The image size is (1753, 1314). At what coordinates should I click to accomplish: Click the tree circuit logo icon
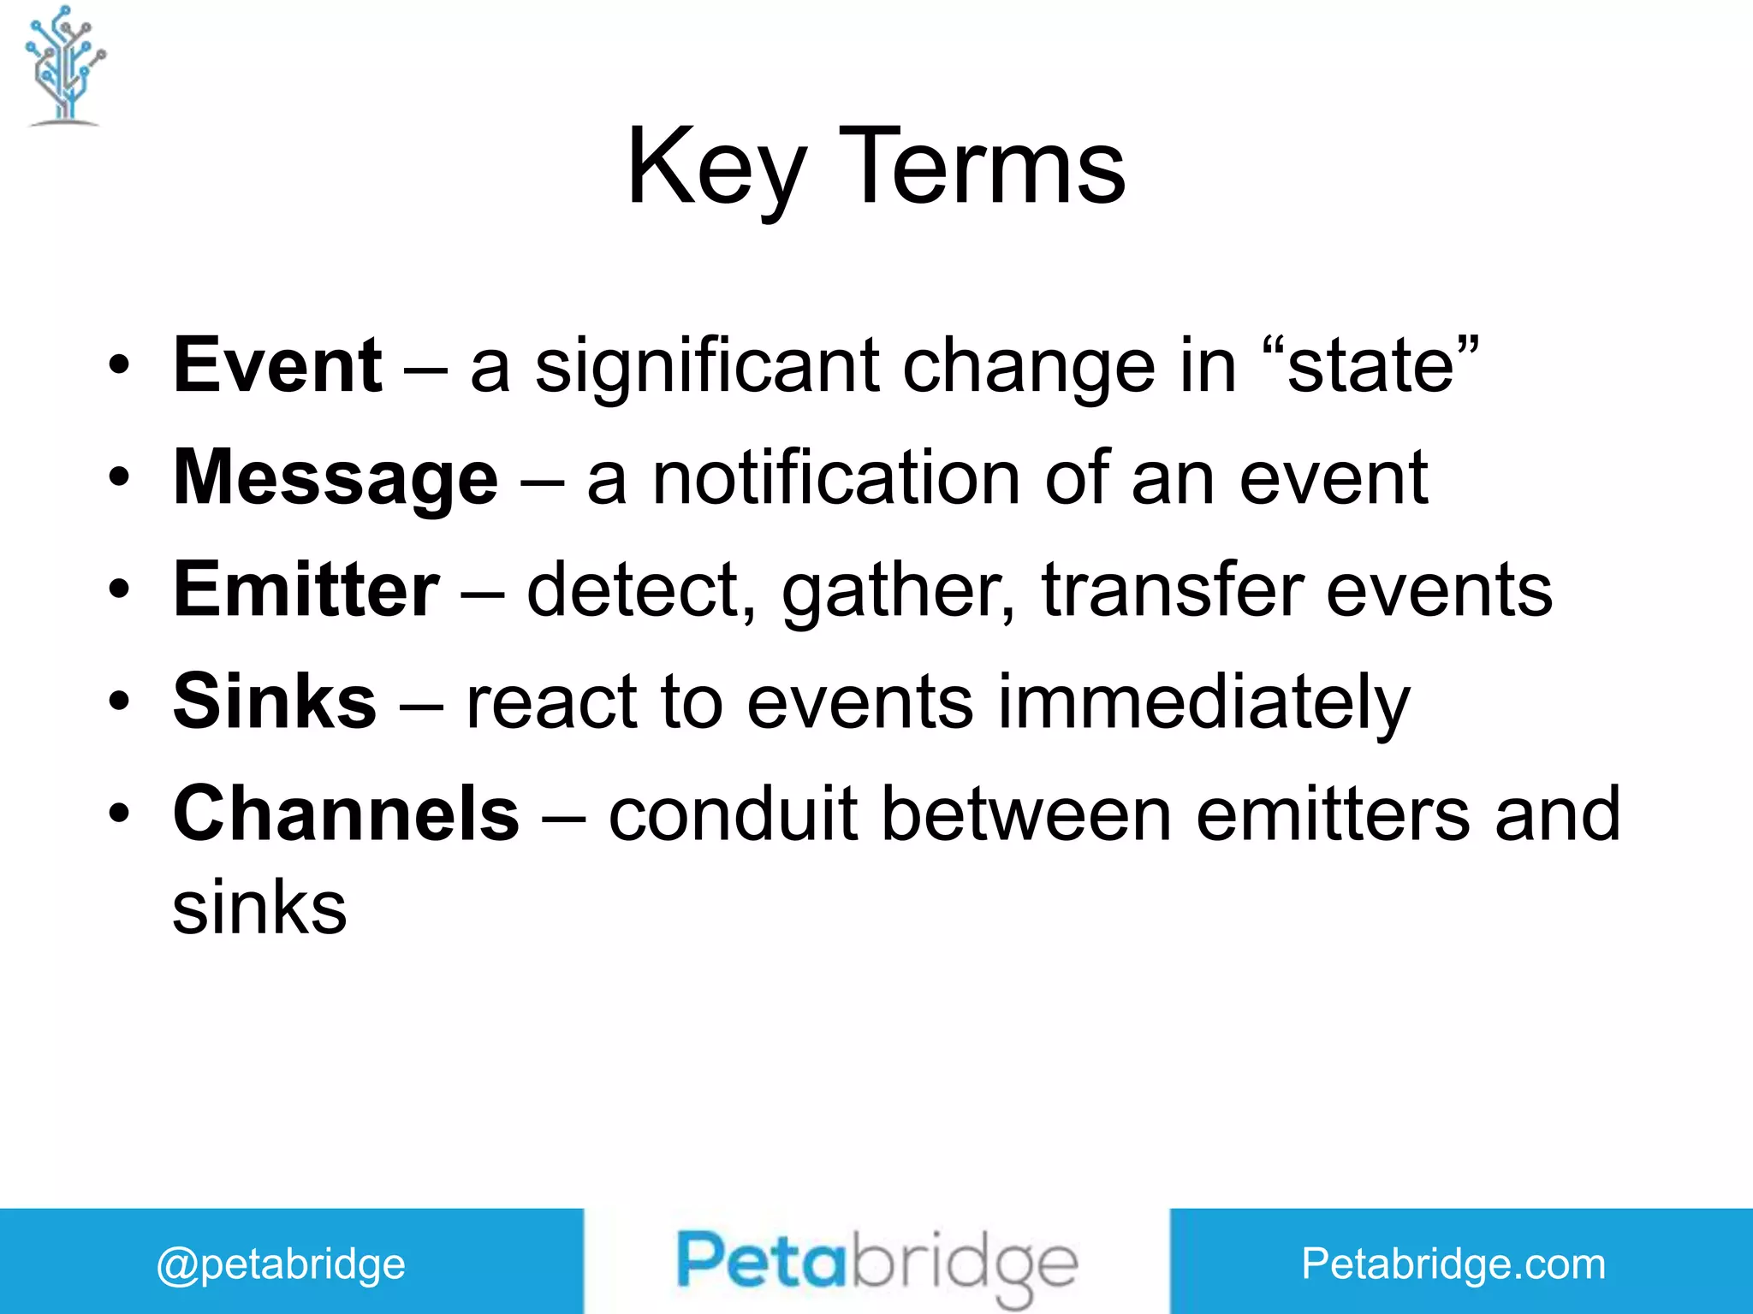coord(65,67)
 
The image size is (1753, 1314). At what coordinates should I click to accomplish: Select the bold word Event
coord(277,365)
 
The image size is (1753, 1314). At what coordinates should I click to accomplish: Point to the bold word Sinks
coord(274,701)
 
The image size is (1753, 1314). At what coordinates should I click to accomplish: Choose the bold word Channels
coord(346,814)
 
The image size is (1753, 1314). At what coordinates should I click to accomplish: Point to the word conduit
coord(733,814)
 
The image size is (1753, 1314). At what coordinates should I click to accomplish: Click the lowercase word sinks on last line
coord(259,908)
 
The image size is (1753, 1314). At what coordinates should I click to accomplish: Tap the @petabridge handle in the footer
coord(281,1264)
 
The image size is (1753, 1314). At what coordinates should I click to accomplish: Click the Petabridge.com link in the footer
coord(1453,1264)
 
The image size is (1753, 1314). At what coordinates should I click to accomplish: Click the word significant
coord(707,365)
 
